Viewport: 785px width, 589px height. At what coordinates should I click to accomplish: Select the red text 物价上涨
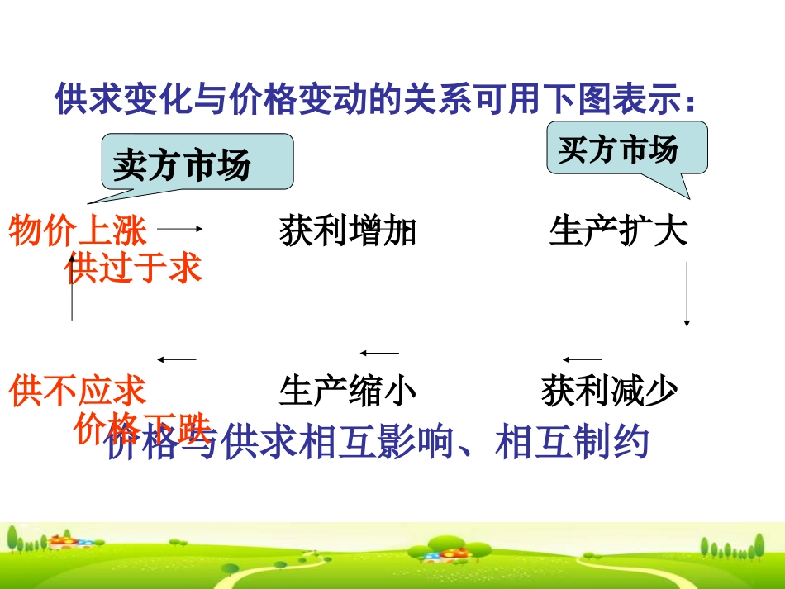(x=78, y=231)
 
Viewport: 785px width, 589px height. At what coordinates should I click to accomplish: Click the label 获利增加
(x=348, y=231)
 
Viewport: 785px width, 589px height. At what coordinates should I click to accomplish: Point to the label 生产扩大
(x=618, y=231)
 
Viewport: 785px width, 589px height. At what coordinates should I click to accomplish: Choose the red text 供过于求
(x=133, y=268)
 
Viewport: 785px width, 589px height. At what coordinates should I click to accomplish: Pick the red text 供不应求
(x=78, y=391)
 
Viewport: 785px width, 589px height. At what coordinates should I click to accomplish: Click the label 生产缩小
(x=348, y=391)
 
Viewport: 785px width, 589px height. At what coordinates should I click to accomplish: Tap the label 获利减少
(x=610, y=391)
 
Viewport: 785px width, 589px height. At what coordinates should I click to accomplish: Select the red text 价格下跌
(x=142, y=426)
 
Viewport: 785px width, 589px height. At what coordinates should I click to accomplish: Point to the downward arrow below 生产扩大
(x=687, y=293)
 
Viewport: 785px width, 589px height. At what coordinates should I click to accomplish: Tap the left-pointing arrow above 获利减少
(x=582, y=359)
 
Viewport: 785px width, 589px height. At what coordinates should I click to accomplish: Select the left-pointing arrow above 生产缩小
(x=379, y=353)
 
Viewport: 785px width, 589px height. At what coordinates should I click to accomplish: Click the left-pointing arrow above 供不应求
(x=177, y=359)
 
